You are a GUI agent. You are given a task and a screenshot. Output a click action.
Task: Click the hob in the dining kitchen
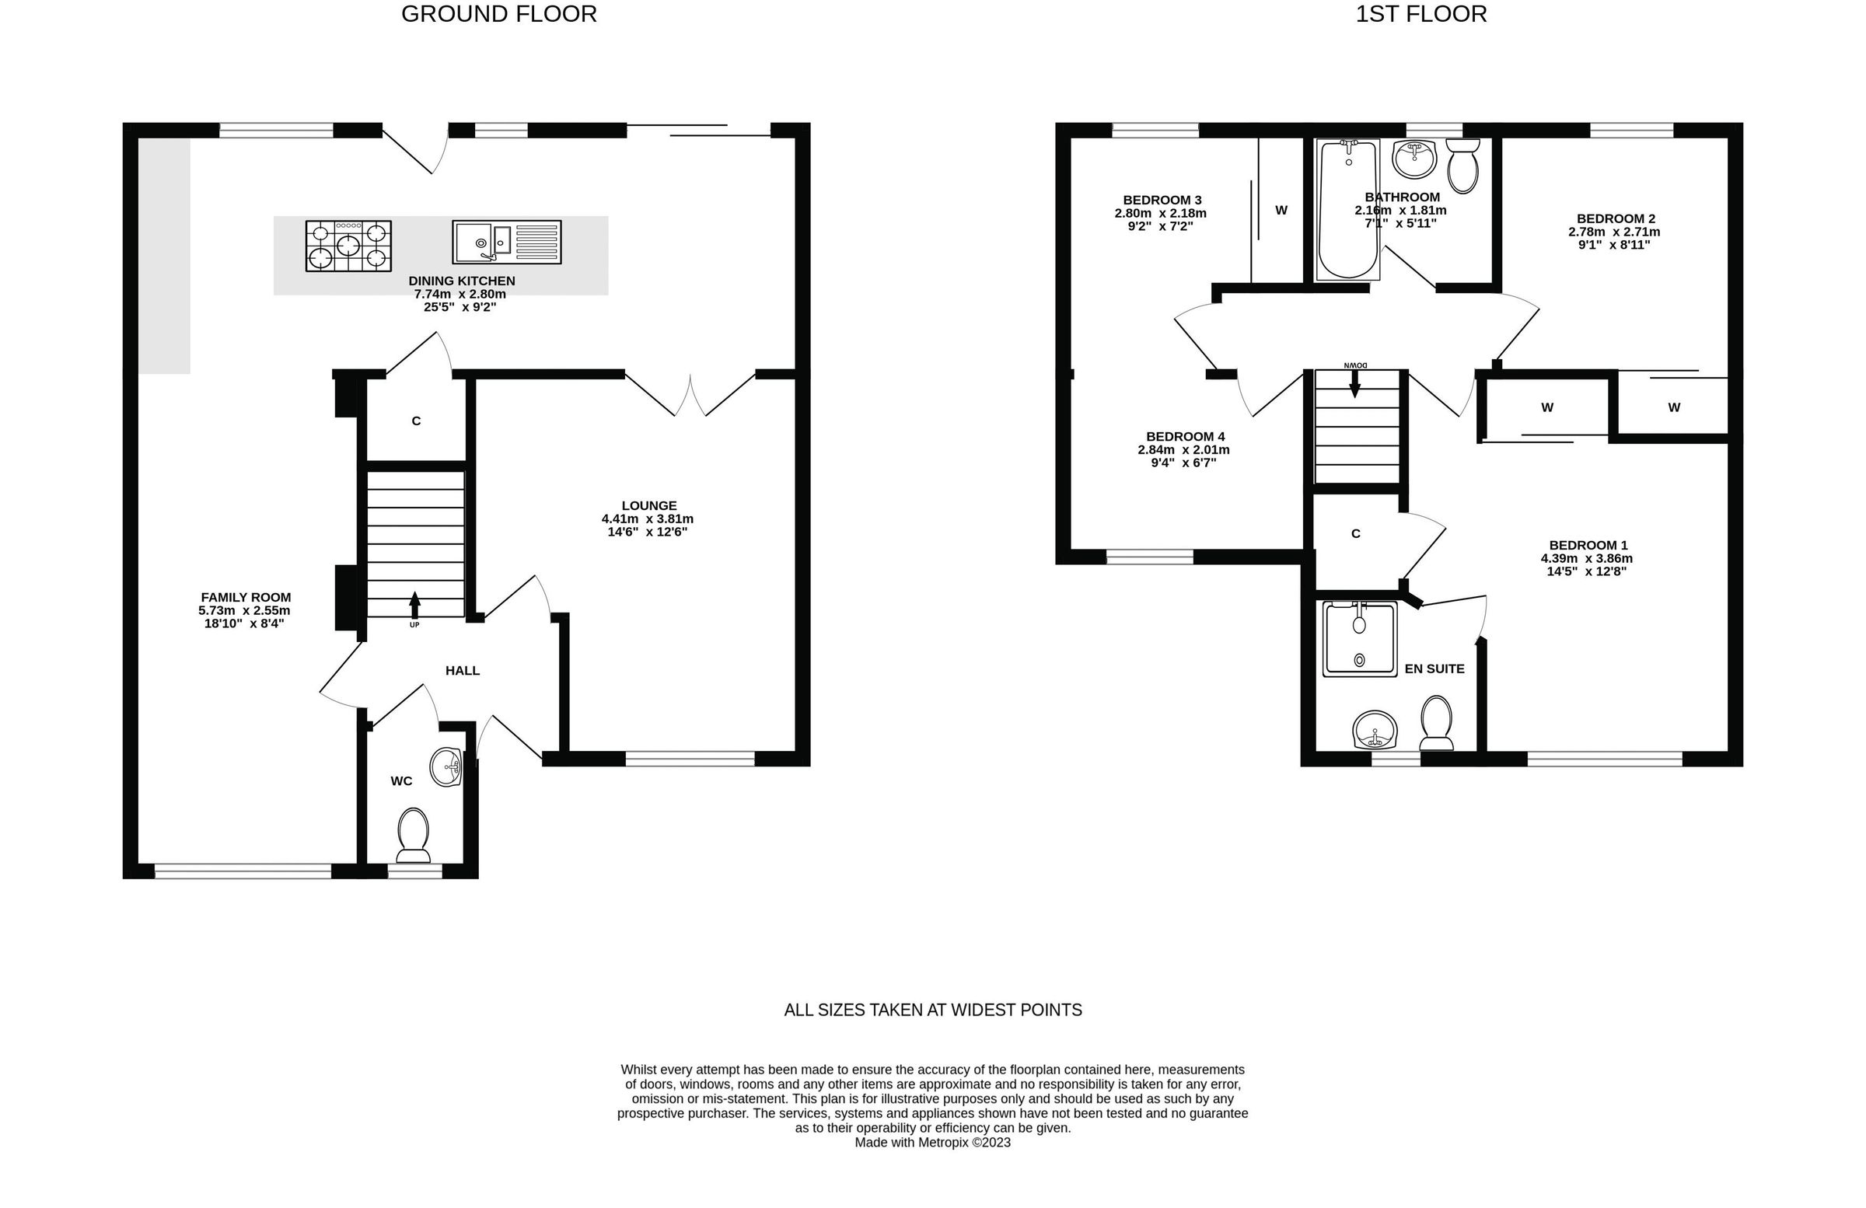[x=348, y=246]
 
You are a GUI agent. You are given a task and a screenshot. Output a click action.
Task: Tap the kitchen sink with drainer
[x=506, y=243]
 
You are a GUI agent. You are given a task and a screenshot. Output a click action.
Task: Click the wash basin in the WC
[x=447, y=766]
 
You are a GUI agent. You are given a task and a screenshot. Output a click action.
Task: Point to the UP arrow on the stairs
[x=414, y=606]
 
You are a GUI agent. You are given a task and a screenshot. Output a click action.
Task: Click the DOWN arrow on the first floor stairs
[x=1355, y=383]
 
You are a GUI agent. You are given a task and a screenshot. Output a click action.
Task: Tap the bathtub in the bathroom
[x=1348, y=209]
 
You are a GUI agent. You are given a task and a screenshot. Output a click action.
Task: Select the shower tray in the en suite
[x=1360, y=639]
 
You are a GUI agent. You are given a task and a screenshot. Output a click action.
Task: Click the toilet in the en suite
[x=1436, y=723]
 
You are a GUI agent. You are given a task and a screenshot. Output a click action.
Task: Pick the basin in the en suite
[x=1375, y=731]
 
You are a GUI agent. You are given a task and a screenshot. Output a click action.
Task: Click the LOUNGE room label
[x=648, y=505]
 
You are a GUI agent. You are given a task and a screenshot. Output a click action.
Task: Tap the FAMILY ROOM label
[x=246, y=597]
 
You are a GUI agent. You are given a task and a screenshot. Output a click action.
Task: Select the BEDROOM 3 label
[x=1162, y=200]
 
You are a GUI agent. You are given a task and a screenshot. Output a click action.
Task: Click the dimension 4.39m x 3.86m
[x=1587, y=559]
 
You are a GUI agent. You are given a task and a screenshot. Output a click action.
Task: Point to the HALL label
[x=463, y=671]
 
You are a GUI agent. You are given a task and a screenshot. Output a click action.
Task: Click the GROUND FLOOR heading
[x=498, y=14]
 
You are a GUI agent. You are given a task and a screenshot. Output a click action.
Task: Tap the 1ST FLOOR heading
[x=1420, y=14]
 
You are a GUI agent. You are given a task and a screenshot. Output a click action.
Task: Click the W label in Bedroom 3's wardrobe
[x=1281, y=210]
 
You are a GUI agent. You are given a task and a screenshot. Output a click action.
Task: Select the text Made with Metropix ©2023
[x=932, y=1143]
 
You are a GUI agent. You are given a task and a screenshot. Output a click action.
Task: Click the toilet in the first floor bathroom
[x=1462, y=166]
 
